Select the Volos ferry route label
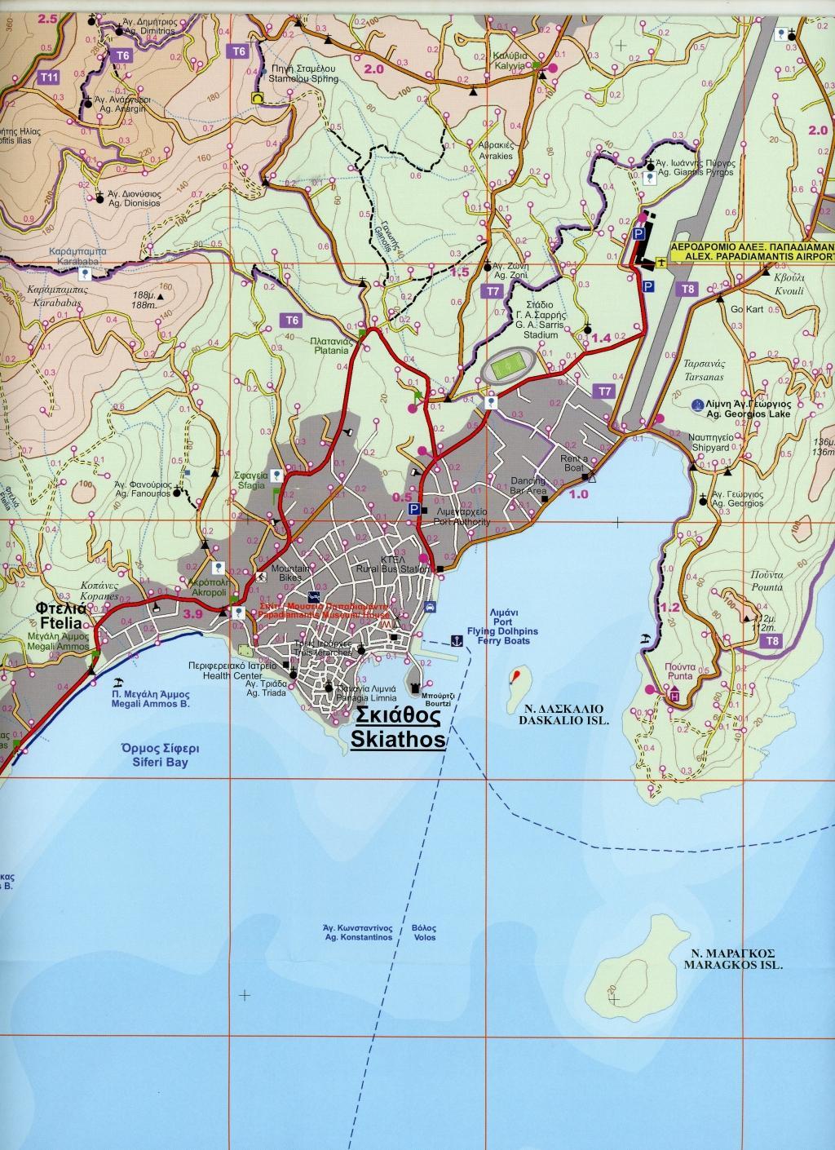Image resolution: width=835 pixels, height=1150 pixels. [424, 937]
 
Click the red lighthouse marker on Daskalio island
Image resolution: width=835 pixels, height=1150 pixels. [515, 676]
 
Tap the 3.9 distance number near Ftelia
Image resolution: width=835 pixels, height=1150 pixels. [193, 614]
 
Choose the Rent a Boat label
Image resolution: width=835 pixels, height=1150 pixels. [573, 464]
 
